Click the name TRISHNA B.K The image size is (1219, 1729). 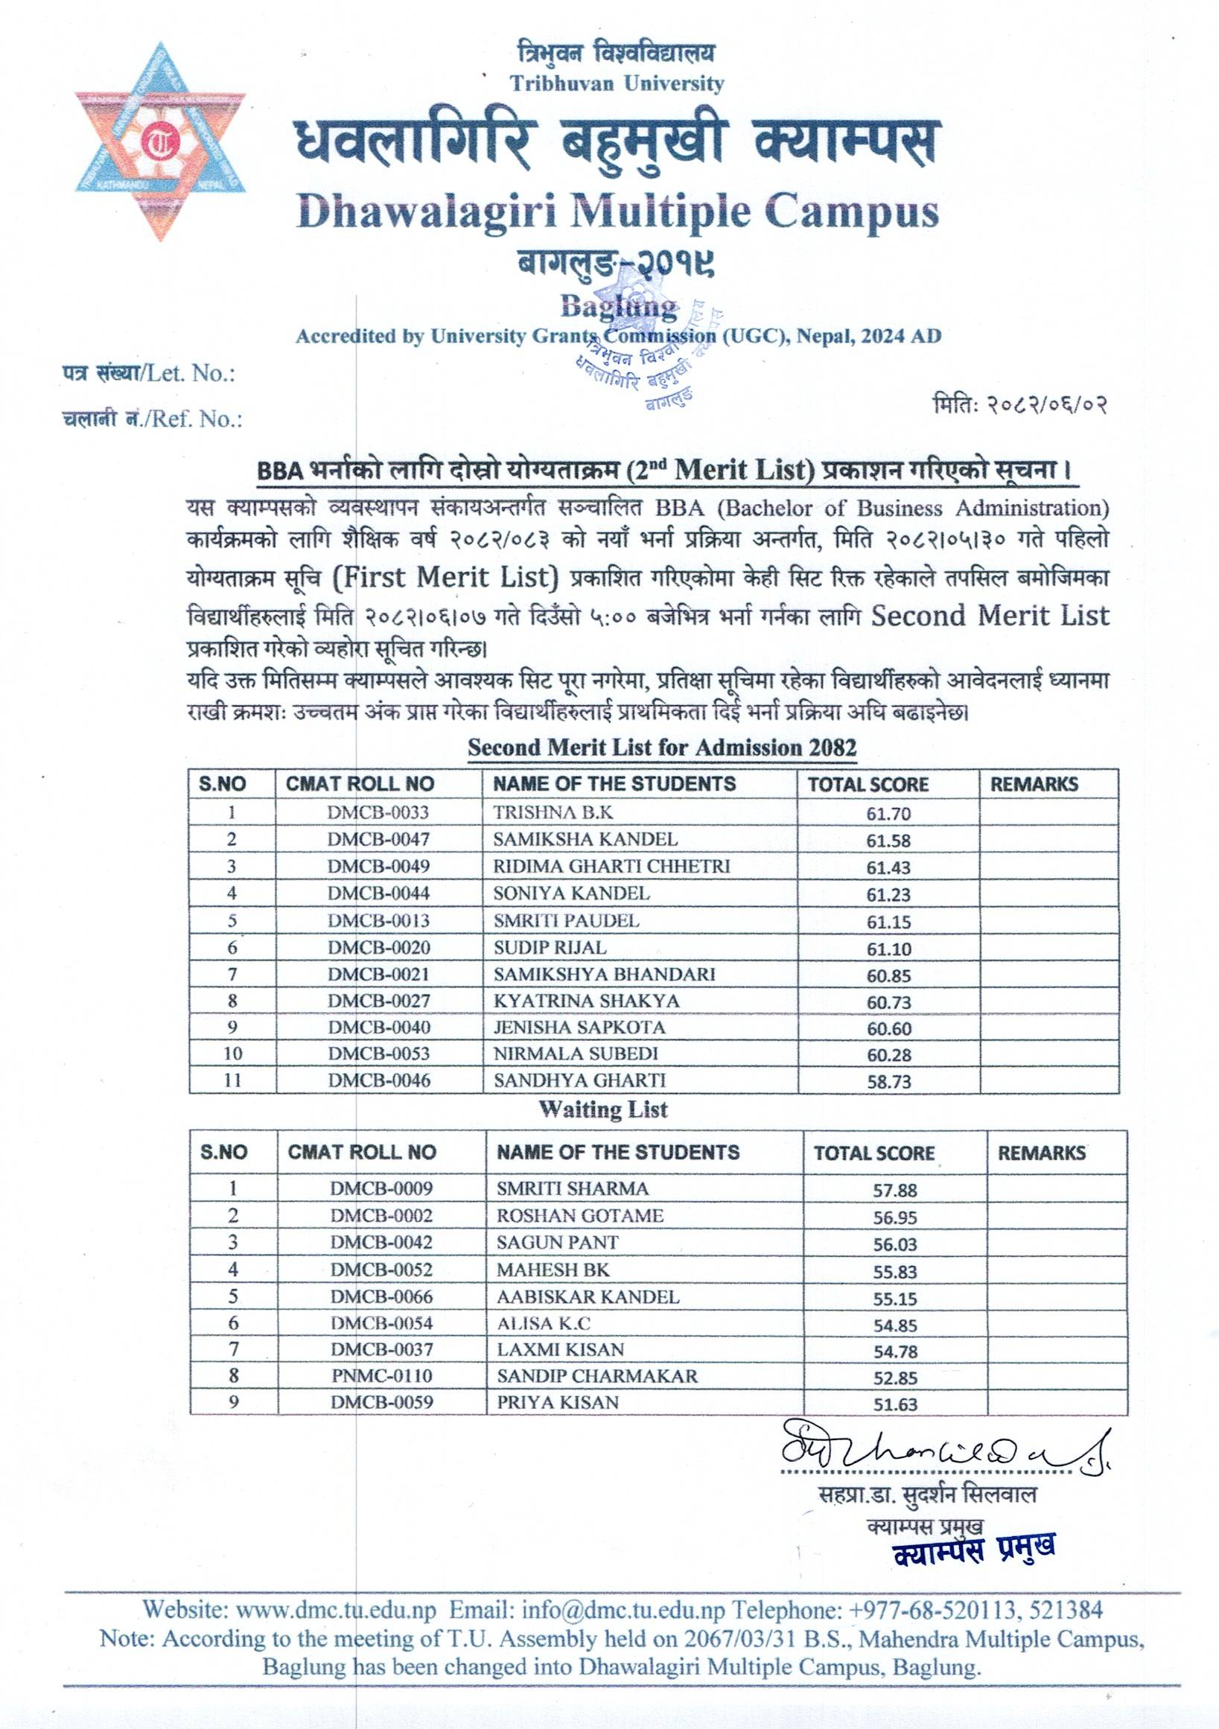[x=553, y=812]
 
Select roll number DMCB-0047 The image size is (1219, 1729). [x=378, y=839]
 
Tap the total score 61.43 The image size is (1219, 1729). [x=888, y=867]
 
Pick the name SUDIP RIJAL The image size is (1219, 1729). [x=550, y=947]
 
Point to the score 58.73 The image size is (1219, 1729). [x=888, y=1081]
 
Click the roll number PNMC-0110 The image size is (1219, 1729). [x=382, y=1375]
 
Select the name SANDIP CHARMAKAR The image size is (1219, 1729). [x=597, y=1375]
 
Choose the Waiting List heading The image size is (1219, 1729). [x=603, y=1109]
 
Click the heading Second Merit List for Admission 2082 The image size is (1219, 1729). [x=662, y=748]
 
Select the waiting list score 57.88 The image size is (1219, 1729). [x=895, y=1190]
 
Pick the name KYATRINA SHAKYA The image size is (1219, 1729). [x=587, y=1001]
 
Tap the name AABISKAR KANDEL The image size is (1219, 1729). [x=588, y=1296]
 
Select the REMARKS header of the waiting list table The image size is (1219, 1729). [x=1041, y=1152]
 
